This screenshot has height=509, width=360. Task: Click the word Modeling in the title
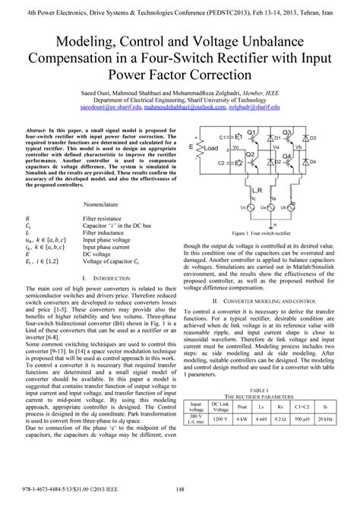pos(73,44)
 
